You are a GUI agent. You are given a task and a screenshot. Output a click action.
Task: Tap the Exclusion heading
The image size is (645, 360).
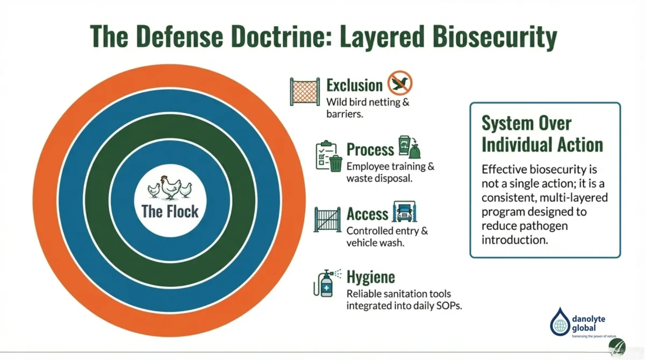354,85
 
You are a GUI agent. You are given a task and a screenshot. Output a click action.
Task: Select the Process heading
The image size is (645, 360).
370,149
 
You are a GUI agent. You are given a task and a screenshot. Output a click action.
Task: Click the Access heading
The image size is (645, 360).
367,213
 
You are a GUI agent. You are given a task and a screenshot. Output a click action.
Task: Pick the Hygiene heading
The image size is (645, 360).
370,277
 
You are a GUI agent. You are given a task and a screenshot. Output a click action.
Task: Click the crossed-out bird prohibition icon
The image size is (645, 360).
399,83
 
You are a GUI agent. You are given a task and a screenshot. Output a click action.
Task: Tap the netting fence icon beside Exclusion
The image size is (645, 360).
304,92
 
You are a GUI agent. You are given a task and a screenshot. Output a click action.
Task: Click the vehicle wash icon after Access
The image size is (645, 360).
406,212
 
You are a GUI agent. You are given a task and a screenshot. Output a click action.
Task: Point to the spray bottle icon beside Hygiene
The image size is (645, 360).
325,284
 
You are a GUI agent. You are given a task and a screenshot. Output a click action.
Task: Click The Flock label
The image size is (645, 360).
170,211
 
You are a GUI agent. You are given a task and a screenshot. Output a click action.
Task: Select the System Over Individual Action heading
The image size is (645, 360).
542,134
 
